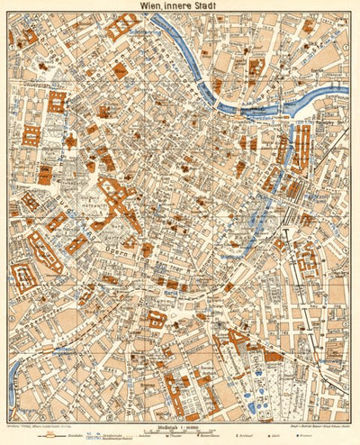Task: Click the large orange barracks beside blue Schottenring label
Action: tap(121, 25)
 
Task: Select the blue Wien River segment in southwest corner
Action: tap(13, 378)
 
